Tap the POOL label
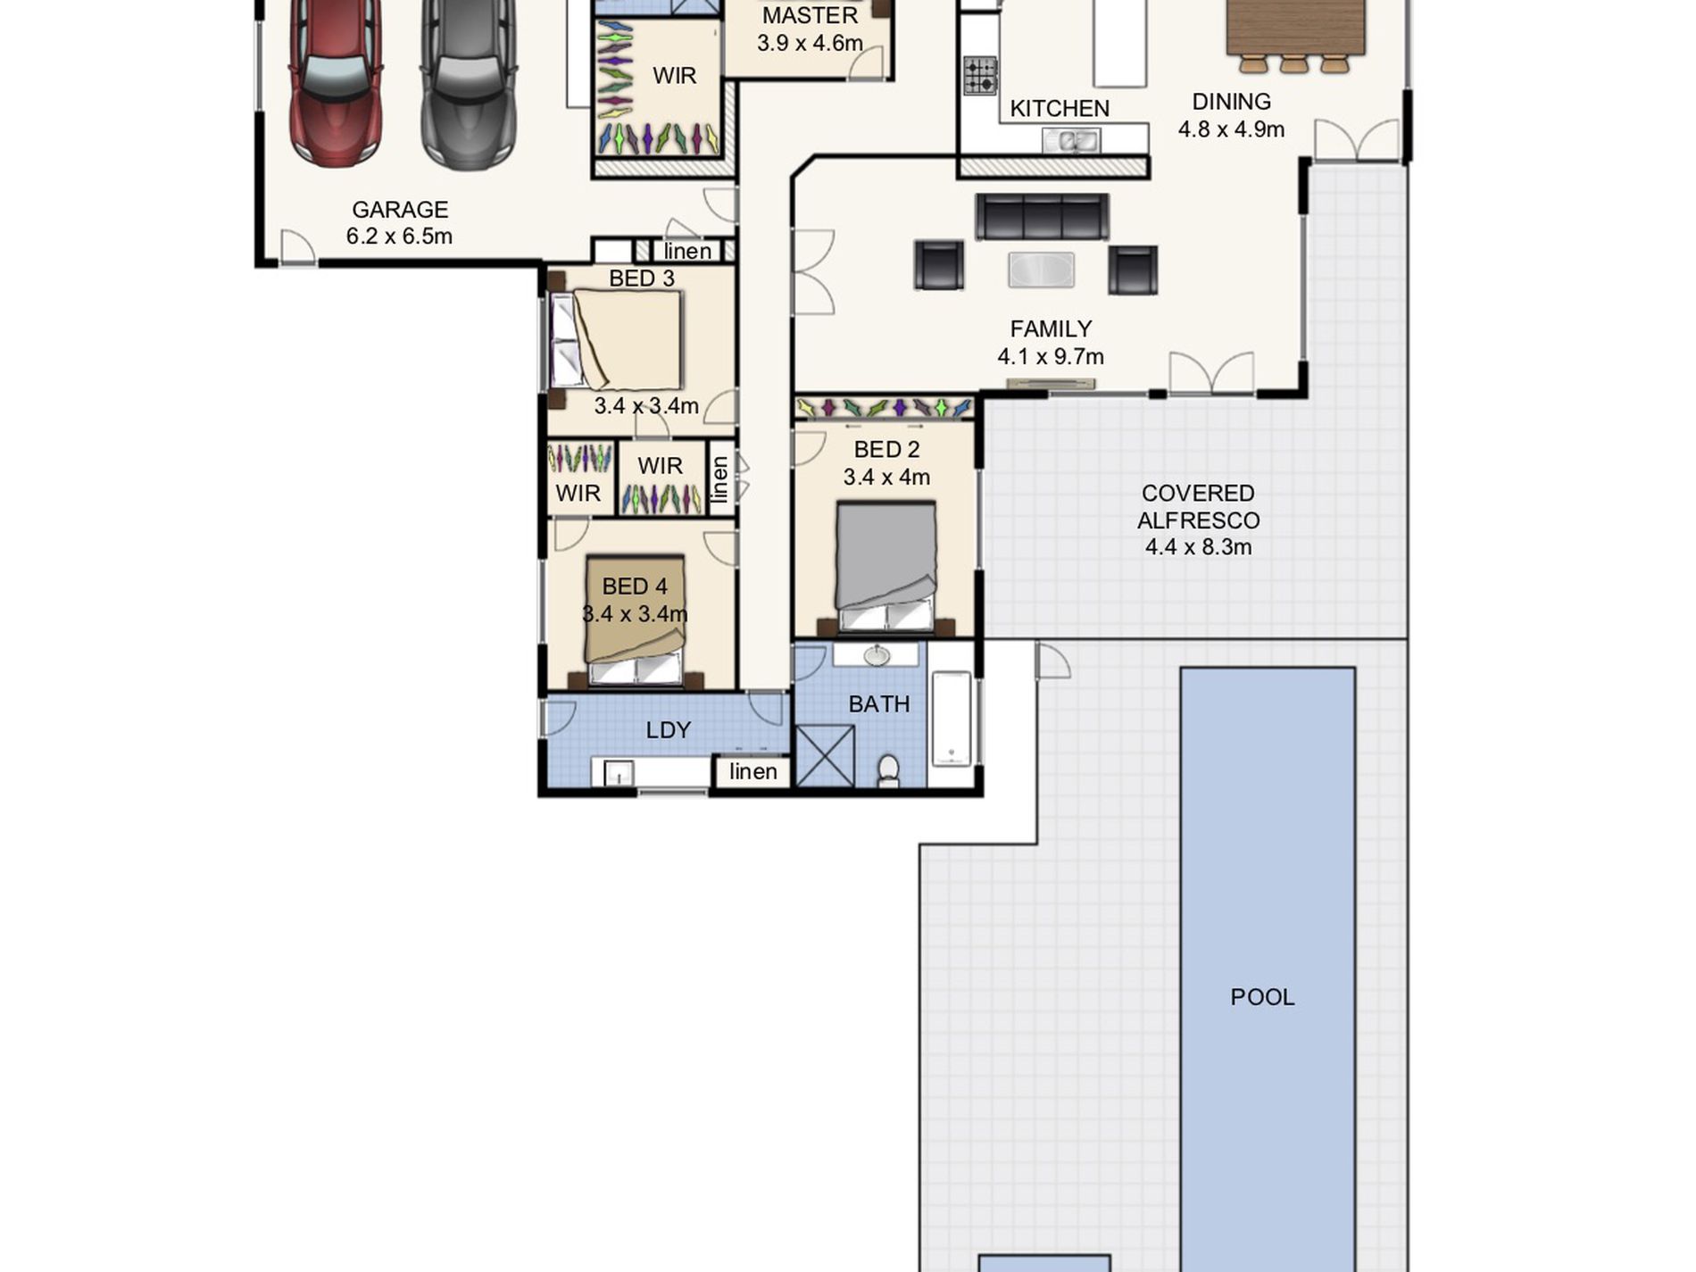coord(1262,997)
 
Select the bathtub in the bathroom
coord(952,719)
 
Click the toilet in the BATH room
coord(888,771)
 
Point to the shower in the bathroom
coord(824,756)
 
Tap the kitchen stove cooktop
coord(980,75)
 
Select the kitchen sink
coord(1071,140)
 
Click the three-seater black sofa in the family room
coord(1042,217)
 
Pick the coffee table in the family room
coord(1041,270)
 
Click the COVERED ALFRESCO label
coord(1199,506)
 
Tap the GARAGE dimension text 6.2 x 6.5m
coord(399,237)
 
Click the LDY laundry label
coord(668,730)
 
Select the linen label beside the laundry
coord(752,771)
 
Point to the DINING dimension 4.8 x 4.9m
coord(1231,129)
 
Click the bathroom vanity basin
coord(877,656)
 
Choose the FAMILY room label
coord(1051,328)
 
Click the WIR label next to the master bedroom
coord(674,76)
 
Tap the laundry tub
coord(618,773)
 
